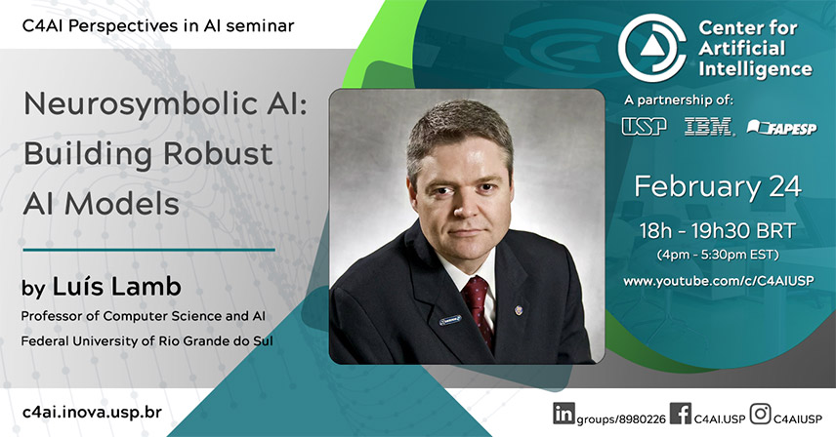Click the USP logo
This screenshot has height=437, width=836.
(644, 126)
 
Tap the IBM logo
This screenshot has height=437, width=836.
(709, 126)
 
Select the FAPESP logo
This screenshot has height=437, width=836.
(781, 127)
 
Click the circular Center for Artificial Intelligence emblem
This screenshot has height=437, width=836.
(651, 48)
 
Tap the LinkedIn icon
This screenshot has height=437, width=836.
(564, 414)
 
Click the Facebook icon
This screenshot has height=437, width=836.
(681, 414)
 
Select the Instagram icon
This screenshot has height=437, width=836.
(760, 414)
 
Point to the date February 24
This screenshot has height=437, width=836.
(717, 187)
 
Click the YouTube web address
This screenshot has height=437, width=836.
(718, 281)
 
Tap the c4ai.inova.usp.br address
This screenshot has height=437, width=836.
(92, 413)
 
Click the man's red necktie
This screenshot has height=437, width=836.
(478, 309)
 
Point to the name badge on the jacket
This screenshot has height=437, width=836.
(450, 320)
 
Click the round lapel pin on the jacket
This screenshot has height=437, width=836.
(519, 309)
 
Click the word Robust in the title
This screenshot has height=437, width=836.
(218, 153)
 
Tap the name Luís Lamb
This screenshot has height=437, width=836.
(117, 287)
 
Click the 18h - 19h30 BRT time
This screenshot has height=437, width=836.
(717, 231)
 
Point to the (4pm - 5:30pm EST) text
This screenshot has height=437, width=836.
(718, 255)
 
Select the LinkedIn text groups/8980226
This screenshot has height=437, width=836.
(621, 419)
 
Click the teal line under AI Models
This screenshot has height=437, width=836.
(148, 249)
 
